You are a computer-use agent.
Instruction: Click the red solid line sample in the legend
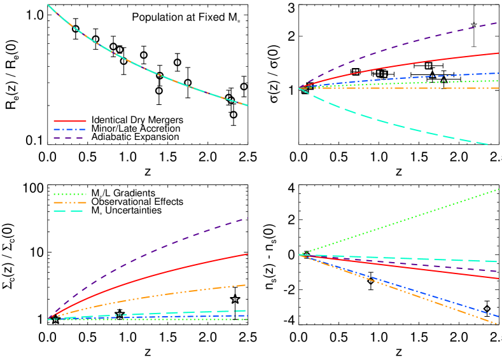point(70,121)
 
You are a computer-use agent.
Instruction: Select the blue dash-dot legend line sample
point(70,129)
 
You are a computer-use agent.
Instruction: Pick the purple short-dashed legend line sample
point(70,137)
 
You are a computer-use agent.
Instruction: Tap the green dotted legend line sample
point(70,195)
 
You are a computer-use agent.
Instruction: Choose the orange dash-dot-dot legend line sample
point(70,203)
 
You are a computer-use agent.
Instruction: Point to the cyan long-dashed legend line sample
point(70,211)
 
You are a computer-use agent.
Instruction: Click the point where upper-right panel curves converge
point(299,88)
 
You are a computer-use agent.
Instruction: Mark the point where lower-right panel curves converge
point(299,255)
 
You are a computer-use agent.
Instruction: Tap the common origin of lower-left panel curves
point(48,319)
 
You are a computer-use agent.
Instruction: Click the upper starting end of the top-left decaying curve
point(48,5)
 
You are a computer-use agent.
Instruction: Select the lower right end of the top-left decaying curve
point(248,106)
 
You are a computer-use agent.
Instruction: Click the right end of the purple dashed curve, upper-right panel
point(498,23)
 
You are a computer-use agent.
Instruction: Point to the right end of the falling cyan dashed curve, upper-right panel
point(488,145)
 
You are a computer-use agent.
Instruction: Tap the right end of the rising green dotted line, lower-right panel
point(498,190)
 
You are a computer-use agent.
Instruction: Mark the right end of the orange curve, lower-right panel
point(498,324)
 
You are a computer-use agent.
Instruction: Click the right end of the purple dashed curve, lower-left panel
point(247,218)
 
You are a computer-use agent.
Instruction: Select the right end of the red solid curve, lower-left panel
point(247,254)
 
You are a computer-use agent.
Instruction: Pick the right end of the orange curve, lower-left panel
point(247,285)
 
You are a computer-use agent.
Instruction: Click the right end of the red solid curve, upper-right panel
point(498,53)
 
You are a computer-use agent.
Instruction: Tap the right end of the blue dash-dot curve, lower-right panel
point(498,316)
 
